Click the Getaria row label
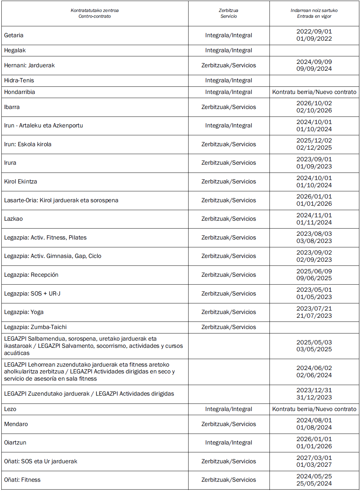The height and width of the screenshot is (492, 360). [14, 35]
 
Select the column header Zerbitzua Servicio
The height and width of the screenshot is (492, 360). [229, 13]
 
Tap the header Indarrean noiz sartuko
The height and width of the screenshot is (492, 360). [314, 11]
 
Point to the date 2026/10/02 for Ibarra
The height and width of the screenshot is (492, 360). [314, 103]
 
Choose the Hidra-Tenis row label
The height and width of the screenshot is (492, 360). [19, 80]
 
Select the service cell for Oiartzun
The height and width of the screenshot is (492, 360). [229, 442]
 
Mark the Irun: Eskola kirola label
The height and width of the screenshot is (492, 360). [28, 144]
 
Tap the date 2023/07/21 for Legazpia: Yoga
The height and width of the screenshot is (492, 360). [314, 309]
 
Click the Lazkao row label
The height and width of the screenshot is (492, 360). [13, 219]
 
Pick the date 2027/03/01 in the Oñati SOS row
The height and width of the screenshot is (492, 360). [314, 458]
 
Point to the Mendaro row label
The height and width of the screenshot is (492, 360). [16, 424]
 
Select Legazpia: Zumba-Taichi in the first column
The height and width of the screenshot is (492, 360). [35, 327]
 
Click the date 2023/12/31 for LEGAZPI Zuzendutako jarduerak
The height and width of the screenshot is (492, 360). [314, 390]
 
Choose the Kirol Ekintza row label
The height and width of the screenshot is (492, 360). [20, 181]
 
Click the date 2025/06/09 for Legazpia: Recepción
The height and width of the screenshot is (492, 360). [314, 271]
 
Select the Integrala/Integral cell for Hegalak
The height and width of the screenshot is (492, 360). [229, 50]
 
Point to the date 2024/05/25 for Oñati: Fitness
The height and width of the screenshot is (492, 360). [314, 476]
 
